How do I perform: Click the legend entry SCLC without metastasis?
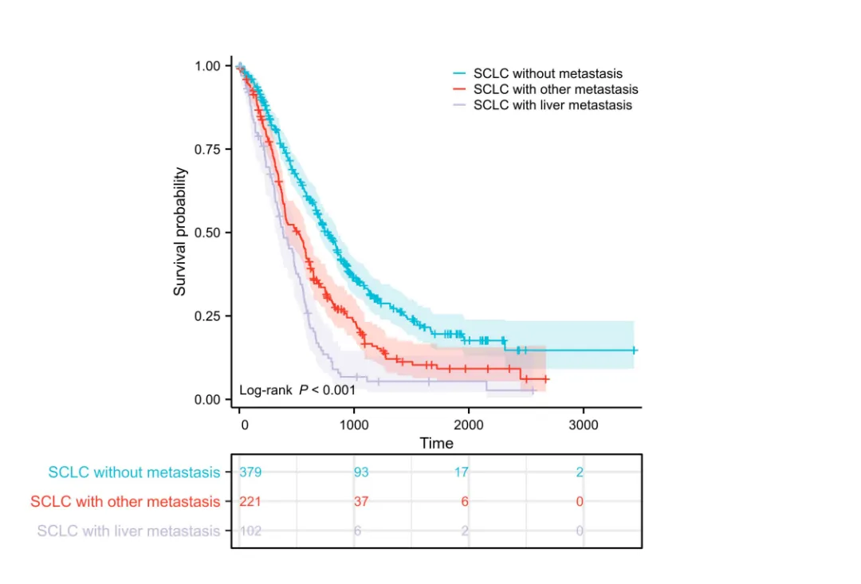548,74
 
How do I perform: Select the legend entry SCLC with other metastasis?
555,89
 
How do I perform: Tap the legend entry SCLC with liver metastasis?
552,104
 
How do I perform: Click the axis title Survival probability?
180,232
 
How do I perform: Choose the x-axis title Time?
436,443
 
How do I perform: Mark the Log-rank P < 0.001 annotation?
297,390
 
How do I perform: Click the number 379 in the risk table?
250,472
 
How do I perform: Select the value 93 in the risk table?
362,472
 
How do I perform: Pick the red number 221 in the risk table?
250,501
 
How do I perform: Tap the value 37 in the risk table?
362,501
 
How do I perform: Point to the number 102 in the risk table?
250,531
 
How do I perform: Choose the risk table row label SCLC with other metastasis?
125,502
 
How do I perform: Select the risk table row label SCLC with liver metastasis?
128,531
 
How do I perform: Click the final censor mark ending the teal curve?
634,350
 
